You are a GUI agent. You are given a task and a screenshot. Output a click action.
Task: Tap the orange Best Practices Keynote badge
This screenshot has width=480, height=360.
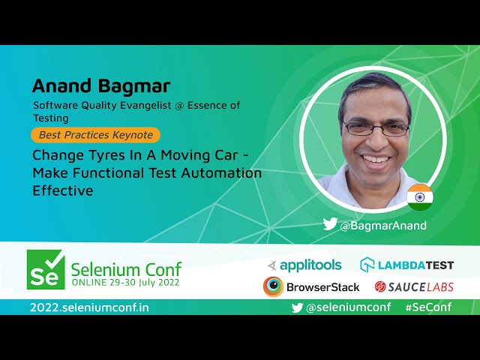[95, 136]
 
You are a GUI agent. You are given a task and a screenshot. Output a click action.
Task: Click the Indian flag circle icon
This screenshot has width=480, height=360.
[420, 196]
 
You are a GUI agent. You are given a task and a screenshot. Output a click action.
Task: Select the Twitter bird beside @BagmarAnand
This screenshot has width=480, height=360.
[330, 224]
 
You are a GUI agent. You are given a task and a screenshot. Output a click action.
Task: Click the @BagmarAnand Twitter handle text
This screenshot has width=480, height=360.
[383, 225]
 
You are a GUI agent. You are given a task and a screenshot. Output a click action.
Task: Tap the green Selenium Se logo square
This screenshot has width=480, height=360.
[46, 269]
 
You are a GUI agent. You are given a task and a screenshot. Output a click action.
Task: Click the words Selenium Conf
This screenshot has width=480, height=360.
[126, 268]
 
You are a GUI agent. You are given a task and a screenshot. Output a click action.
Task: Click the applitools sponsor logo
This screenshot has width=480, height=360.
[304, 265]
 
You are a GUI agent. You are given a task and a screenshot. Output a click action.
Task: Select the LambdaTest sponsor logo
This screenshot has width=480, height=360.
[407, 265]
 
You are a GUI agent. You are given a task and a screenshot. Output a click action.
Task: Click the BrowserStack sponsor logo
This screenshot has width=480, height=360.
[311, 286]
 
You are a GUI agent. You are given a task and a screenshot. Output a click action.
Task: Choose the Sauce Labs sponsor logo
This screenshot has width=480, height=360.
[414, 286]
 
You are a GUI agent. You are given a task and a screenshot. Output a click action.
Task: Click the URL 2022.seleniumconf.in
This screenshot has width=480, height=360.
[89, 307]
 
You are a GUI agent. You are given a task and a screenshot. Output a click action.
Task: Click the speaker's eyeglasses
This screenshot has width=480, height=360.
[374, 129]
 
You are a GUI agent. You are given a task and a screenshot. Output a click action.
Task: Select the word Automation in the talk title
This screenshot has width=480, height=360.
[224, 173]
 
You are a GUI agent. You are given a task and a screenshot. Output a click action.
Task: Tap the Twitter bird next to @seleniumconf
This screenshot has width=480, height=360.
[297, 307]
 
